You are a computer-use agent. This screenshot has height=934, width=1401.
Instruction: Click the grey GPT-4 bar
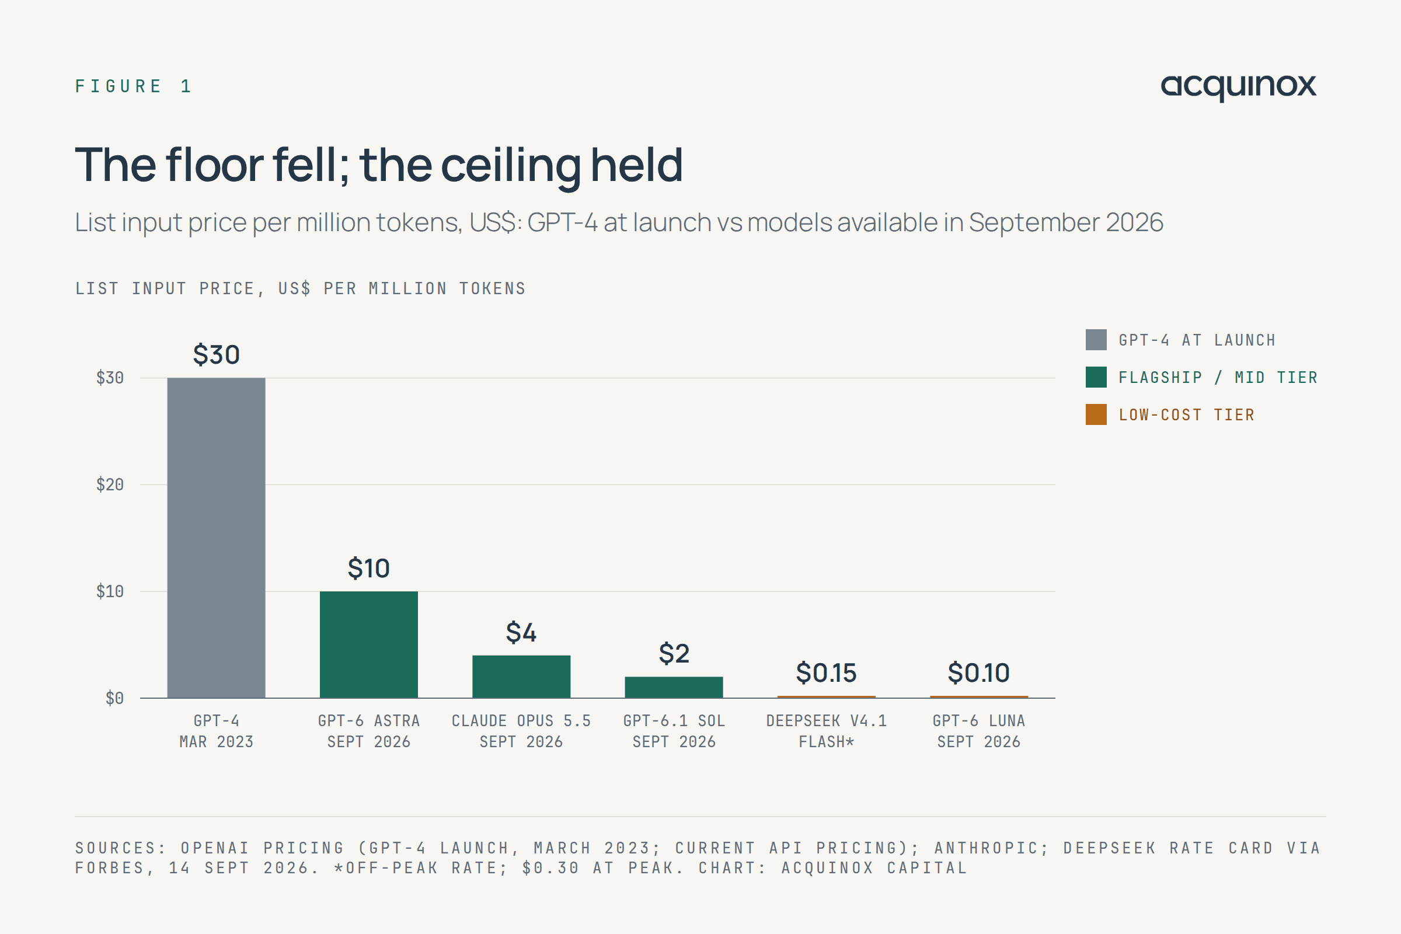tap(216, 538)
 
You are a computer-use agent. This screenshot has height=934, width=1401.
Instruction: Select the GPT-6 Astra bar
tap(369, 644)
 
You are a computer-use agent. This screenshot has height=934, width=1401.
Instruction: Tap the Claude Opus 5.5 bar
tap(521, 677)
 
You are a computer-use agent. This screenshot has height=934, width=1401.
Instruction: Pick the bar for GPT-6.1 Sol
tap(674, 688)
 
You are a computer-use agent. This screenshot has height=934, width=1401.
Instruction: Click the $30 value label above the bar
tap(216, 354)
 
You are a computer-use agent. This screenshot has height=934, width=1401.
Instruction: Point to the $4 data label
tap(521, 632)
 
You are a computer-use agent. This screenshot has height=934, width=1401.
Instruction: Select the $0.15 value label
tap(826, 672)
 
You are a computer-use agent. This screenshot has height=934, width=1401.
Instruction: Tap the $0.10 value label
tap(979, 672)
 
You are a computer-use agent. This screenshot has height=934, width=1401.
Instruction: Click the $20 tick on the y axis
tap(110, 485)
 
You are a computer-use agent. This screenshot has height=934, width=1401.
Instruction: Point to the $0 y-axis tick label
tap(114, 698)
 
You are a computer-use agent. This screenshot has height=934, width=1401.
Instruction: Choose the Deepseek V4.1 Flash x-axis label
tap(826, 731)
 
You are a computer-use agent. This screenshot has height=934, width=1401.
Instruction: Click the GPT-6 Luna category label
tap(979, 731)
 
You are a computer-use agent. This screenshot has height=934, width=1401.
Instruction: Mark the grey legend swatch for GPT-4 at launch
tap(1096, 340)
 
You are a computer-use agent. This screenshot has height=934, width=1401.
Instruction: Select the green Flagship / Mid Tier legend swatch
tap(1096, 377)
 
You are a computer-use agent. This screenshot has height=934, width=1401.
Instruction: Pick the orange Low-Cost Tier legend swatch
tap(1096, 414)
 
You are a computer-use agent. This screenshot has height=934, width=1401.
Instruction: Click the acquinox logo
tap(1238, 88)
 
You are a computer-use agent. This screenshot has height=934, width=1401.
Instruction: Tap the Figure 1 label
tap(133, 86)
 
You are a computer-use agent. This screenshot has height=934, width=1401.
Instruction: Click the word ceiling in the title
tap(510, 166)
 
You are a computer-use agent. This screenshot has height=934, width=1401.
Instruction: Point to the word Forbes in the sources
tap(111, 868)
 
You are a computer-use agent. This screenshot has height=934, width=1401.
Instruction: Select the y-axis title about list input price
tap(300, 289)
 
